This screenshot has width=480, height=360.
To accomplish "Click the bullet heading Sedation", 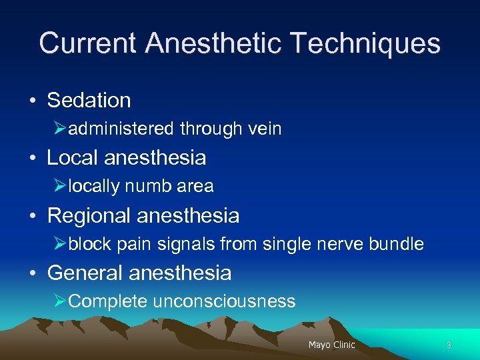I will point(89,101).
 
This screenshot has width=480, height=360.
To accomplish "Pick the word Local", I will point(73,158).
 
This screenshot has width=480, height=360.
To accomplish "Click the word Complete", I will point(108,302).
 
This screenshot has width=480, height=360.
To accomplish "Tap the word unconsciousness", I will point(224,302).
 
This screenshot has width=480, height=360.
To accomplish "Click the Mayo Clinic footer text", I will point(331,345).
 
